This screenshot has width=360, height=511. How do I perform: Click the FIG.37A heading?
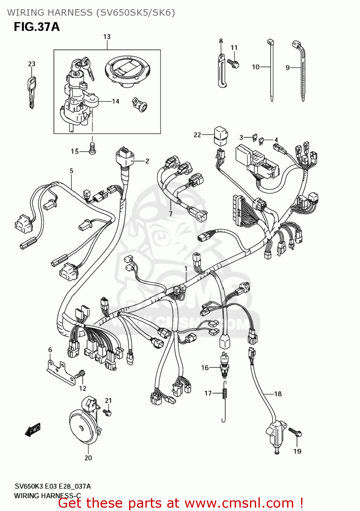point(36,27)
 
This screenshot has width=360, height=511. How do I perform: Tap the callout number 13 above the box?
point(107,37)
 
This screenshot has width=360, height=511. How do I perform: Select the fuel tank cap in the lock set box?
point(127,71)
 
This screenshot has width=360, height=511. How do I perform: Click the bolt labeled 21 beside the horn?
point(108,413)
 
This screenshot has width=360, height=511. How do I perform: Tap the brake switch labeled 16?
point(224,366)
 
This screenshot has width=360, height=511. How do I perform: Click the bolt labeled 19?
point(295,432)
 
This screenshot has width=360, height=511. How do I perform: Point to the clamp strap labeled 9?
point(301,72)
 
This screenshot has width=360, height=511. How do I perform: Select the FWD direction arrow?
point(33,430)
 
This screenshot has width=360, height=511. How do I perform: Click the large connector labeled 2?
point(125,157)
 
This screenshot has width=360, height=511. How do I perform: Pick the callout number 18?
point(278,394)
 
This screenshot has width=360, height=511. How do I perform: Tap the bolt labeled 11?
point(234,63)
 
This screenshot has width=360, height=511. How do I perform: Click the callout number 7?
point(171,214)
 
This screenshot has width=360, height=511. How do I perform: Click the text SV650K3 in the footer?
point(29,486)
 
